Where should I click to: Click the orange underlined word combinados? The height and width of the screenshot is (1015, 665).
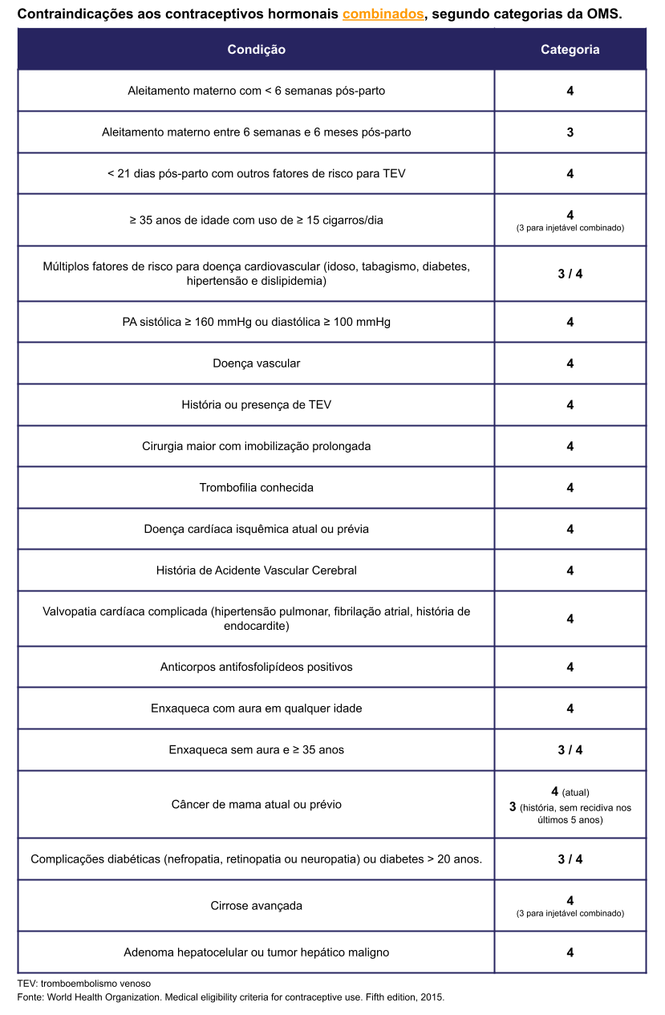pos(383,14)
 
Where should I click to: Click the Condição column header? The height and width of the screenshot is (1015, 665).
pos(256,50)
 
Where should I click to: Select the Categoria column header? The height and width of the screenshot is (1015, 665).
pos(570,50)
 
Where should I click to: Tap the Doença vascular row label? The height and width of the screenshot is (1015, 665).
pos(256,363)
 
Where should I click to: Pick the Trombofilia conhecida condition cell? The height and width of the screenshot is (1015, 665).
pos(256,488)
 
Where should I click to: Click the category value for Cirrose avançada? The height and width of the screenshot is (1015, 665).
pos(570,901)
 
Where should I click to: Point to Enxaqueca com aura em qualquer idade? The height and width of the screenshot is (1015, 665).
pos(256,708)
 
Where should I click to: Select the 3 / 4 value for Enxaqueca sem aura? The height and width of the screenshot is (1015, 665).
pos(570,750)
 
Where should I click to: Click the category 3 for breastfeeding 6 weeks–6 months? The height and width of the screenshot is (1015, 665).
pos(570,132)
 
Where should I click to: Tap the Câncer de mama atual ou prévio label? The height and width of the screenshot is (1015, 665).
pos(256,804)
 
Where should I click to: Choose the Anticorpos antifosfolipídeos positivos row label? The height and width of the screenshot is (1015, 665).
pos(256,667)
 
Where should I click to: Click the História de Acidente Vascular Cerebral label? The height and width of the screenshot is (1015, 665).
pos(256,570)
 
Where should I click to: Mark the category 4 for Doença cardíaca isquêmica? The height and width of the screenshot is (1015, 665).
pos(570,530)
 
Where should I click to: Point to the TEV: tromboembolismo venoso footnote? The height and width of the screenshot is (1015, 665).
pos(84,983)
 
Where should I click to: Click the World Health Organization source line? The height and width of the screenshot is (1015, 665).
pos(230,997)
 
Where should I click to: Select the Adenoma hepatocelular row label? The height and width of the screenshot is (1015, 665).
pos(256,952)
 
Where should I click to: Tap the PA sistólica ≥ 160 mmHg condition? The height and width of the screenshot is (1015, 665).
pos(256,322)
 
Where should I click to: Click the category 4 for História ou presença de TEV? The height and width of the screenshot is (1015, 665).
pos(570,405)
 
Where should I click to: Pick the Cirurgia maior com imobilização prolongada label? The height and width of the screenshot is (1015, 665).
pos(256,446)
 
